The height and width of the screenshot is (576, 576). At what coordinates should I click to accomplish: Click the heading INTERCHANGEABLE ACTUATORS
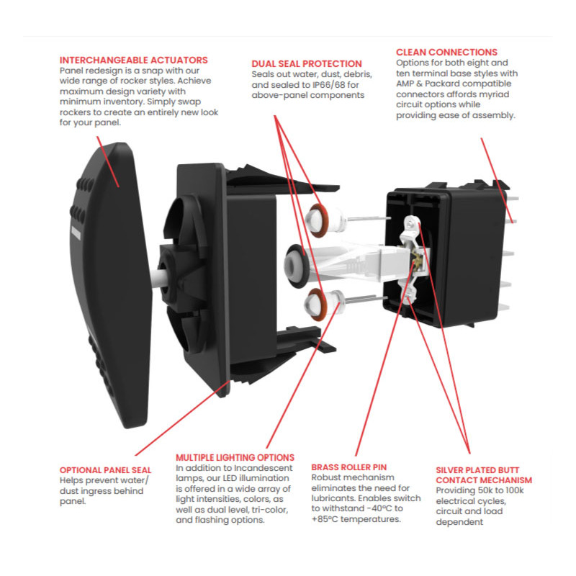coord(134,60)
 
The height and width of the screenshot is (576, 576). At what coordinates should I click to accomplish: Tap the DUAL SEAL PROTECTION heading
coord(307,64)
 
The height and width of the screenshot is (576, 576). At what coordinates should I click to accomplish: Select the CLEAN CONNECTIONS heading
coord(446,53)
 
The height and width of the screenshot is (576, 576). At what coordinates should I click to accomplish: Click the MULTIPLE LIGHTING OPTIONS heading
coord(235,457)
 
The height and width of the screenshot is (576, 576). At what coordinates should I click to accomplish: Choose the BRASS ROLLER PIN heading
coord(350,467)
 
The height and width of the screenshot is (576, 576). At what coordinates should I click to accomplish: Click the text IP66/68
coord(328,85)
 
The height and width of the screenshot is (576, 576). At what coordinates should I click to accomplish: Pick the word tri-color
coord(258,509)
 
